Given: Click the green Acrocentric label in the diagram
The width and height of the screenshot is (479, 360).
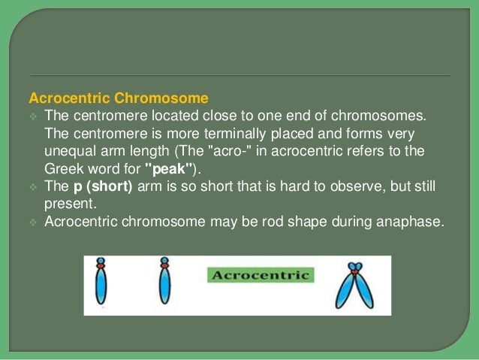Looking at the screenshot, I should (x=261, y=275).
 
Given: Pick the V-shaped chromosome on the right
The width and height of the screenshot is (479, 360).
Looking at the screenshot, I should (x=354, y=286).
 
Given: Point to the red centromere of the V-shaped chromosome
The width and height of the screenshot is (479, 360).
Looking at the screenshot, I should (x=354, y=268).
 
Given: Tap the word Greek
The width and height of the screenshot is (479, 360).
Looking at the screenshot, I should (x=61, y=168).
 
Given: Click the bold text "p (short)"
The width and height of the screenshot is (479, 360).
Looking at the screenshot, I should (x=102, y=186).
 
